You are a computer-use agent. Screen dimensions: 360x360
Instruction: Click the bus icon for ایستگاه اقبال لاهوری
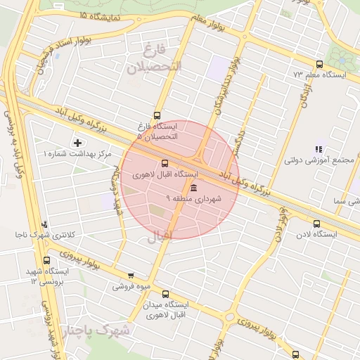165,163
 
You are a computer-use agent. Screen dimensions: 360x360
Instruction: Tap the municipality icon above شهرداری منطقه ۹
193,188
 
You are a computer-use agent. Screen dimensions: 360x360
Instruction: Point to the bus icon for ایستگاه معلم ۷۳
320,64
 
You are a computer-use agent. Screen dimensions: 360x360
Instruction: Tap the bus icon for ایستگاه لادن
316,225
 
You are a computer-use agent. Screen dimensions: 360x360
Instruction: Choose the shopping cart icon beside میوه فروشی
131,276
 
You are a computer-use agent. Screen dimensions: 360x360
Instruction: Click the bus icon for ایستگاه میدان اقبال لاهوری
165,295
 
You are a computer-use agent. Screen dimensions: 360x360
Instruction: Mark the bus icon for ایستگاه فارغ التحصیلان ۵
156,115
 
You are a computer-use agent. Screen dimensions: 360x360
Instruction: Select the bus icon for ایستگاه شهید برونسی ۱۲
47,260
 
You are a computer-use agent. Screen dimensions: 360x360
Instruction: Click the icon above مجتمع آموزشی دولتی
319,149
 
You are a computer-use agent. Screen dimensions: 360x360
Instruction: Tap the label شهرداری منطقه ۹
193,200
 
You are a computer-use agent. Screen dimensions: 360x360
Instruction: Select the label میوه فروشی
131,286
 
